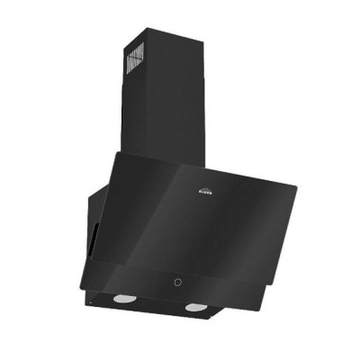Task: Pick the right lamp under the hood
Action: (x=194, y=309)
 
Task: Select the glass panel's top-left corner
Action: (x=112, y=153)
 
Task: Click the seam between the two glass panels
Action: (x=180, y=267)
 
